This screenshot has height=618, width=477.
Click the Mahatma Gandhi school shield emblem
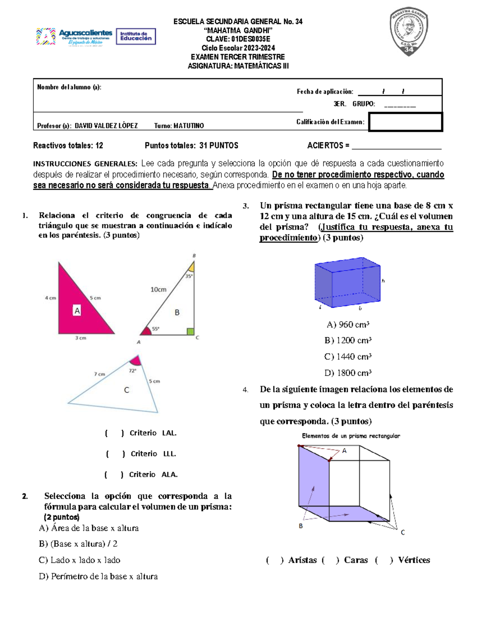pyautogui.click(x=409, y=33)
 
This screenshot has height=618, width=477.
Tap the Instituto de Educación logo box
pyautogui.click(x=136, y=37)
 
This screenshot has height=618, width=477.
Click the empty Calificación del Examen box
pyautogui.click(x=405, y=122)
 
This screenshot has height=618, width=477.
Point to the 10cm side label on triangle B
pyautogui.click(x=158, y=289)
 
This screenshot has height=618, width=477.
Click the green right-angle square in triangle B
pyautogui.click(x=190, y=331)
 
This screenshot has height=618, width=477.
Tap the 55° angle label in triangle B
pyautogui.click(x=155, y=329)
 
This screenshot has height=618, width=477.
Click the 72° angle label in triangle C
pyautogui.click(x=132, y=370)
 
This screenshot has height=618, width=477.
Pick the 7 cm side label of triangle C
pyautogui.click(x=99, y=374)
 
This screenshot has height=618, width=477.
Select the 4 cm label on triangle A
pyautogui.click(x=50, y=298)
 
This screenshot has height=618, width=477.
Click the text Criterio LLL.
pyautogui.click(x=153, y=454)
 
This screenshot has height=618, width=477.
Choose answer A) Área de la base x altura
pyautogui.click(x=89, y=528)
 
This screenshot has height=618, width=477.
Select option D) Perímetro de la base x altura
pyautogui.click(x=98, y=576)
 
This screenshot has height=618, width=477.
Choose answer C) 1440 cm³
pyautogui.click(x=348, y=357)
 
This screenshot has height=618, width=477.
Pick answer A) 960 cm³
pyautogui.click(x=348, y=325)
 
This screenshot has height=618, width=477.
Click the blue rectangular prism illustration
pyautogui.click(x=347, y=283)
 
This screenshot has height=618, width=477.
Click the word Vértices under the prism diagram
pyautogui.click(x=414, y=560)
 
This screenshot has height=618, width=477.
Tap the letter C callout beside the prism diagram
pyautogui.click(x=403, y=532)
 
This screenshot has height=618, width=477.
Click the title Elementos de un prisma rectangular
pyautogui.click(x=351, y=436)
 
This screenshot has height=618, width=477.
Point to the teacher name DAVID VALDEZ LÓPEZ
pyautogui.click(x=106, y=126)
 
